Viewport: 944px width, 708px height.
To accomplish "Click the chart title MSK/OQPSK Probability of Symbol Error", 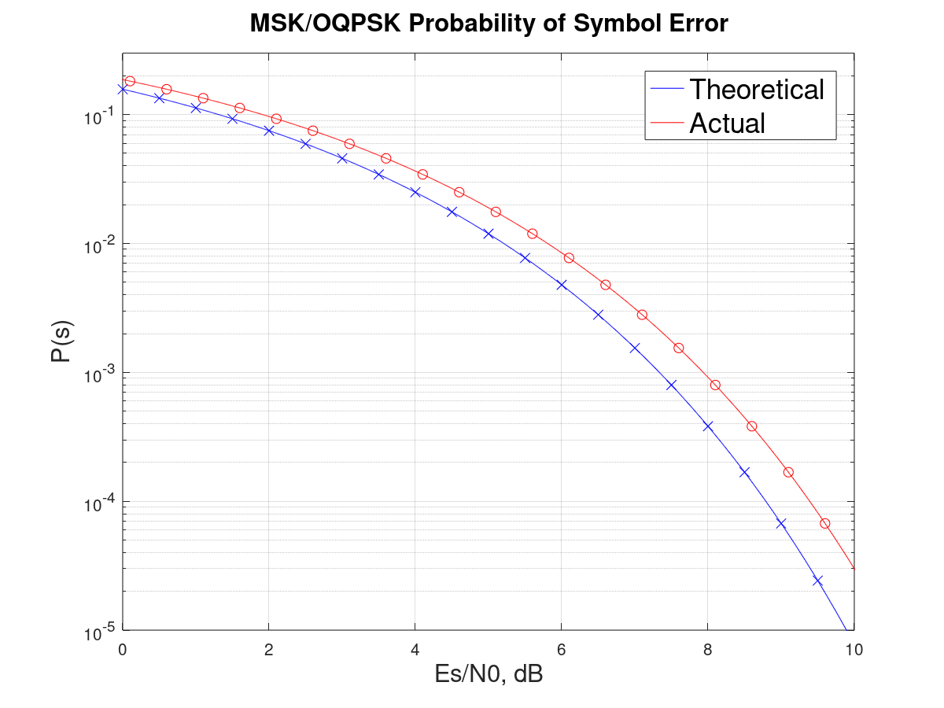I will (489, 24).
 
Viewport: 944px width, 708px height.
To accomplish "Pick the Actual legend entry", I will (727, 123).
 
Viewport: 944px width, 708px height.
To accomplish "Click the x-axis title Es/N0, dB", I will (488, 675).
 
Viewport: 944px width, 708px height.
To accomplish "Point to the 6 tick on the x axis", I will (561, 650).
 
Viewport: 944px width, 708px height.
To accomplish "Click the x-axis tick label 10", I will (854, 650).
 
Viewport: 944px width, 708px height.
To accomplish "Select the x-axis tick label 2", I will (268, 650).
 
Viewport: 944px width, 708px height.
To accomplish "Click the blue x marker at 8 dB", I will (707, 426).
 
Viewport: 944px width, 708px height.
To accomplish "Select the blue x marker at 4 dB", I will (415, 192).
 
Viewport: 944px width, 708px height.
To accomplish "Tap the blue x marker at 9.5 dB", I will (817, 581).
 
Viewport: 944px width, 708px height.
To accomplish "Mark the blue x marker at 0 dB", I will (122, 89).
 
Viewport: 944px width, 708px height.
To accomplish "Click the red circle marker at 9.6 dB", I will (824, 523).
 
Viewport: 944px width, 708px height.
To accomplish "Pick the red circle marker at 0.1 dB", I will (130, 81).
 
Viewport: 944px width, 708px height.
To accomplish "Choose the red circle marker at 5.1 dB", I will (496, 212).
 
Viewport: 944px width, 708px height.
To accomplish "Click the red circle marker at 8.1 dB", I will (715, 385).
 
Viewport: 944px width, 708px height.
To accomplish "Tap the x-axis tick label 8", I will (707, 650).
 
